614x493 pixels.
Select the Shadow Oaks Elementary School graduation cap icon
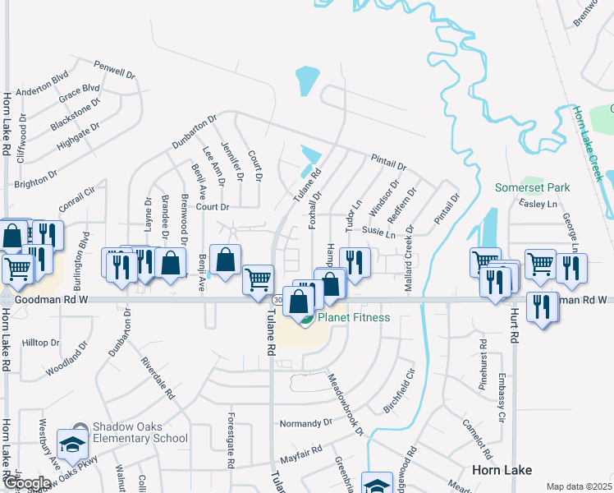72,445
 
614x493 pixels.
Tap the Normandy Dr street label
305,424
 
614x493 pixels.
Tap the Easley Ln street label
538,204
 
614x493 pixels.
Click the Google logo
26,483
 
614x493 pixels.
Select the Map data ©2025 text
579,486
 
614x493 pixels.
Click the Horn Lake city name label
502,470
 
